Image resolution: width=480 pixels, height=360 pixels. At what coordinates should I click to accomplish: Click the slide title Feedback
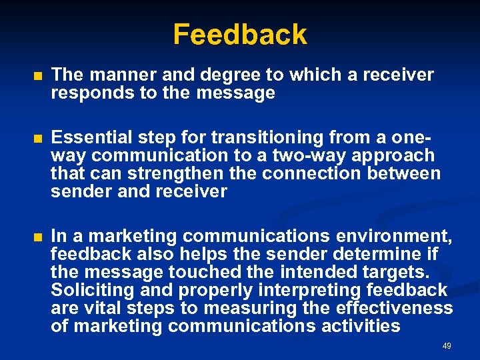(x=240, y=34)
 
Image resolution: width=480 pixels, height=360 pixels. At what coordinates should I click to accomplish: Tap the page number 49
(x=447, y=346)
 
